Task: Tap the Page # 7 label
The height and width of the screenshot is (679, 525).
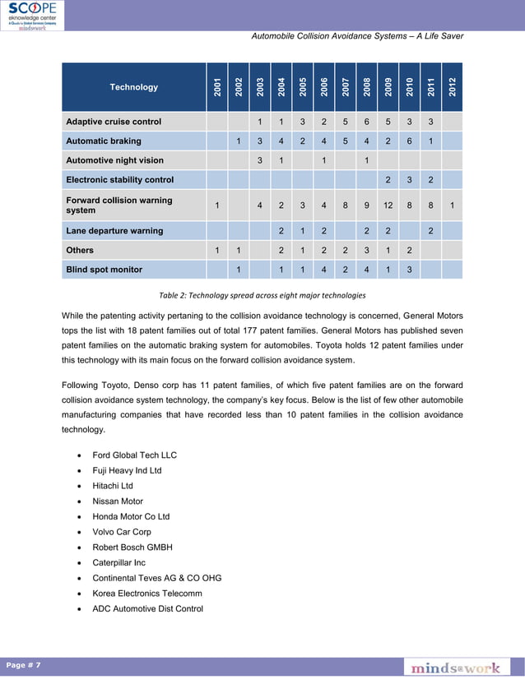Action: [x=24, y=663]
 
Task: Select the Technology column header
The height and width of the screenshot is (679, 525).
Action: [x=133, y=87]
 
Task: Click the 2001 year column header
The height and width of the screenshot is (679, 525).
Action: [x=216, y=87]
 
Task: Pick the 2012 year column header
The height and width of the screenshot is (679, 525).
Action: [x=452, y=87]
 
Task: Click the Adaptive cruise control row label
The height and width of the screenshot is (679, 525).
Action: [x=114, y=122]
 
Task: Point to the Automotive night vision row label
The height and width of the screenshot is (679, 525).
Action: [x=114, y=160]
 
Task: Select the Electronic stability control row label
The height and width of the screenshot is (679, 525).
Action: [x=119, y=179]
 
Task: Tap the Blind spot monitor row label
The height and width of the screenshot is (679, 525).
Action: [x=104, y=269]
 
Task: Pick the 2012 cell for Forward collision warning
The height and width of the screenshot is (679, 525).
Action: [x=452, y=205]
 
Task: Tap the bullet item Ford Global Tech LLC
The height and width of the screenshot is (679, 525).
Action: [x=135, y=455]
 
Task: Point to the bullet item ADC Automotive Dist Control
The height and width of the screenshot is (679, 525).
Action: [x=147, y=608]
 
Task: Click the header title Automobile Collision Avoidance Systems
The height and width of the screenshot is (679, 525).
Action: [x=357, y=36]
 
